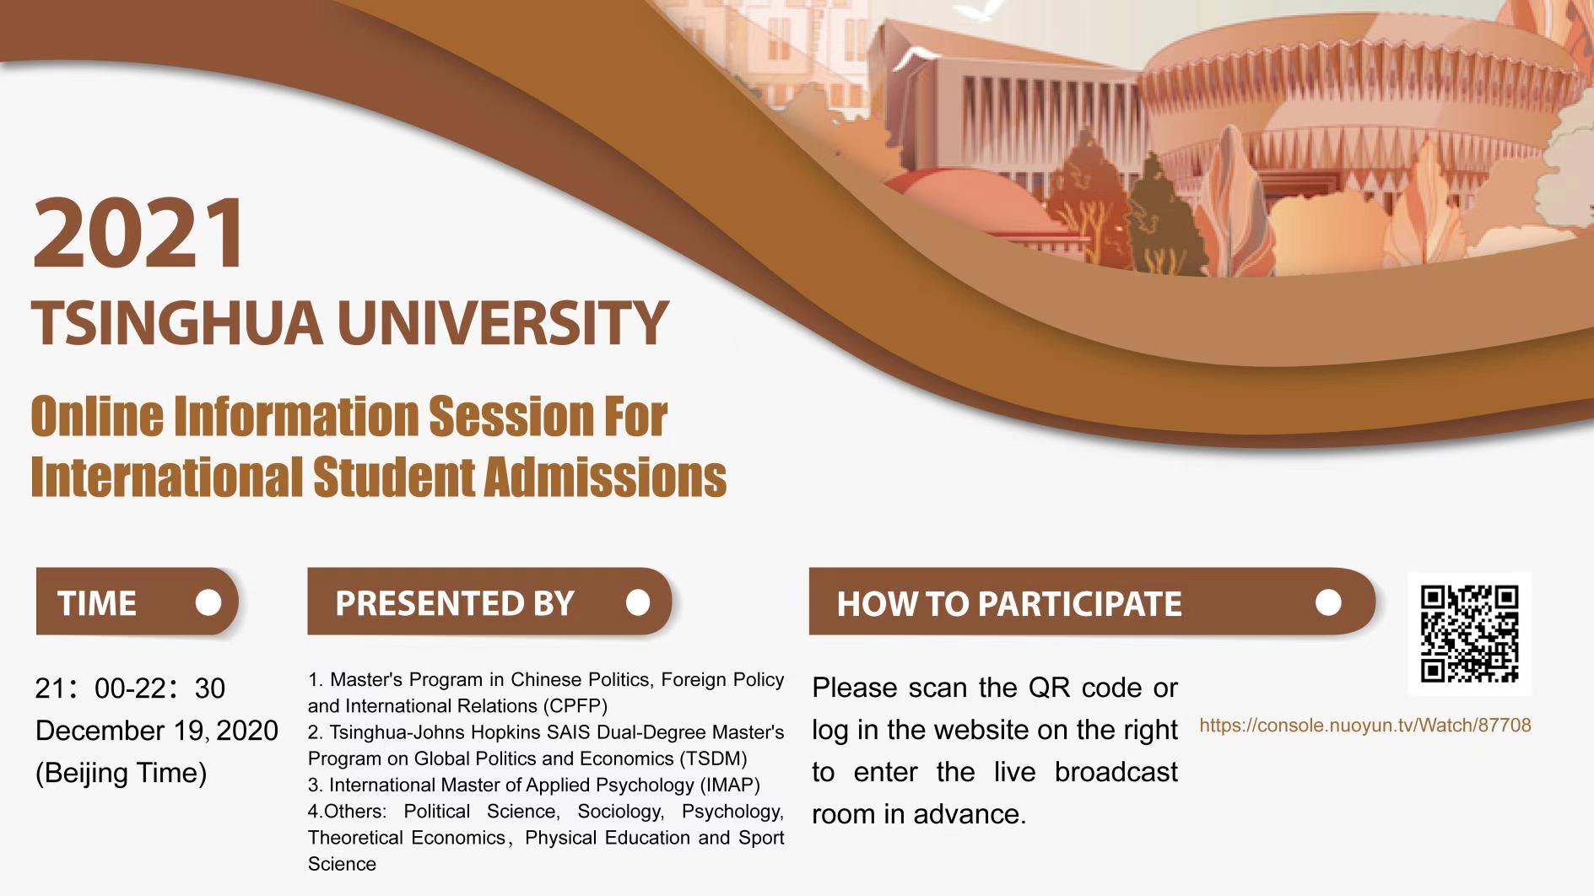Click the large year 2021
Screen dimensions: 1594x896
(x=140, y=232)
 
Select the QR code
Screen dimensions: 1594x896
(x=1469, y=634)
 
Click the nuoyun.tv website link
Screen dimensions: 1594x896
(x=1364, y=726)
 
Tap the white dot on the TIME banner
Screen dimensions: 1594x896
(x=208, y=602)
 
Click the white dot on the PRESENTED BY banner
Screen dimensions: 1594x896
(x=638, y=602)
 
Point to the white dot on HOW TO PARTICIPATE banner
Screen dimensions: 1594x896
(x=1328, y=602)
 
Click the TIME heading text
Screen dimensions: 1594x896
(x=97, y=603)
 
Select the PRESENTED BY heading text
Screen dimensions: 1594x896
(x=455, y=603)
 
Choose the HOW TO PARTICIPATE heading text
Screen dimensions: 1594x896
(x=1009, y=603)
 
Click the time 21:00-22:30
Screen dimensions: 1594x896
(x=130, y=688)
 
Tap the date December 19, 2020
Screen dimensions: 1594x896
(x=157, y=731)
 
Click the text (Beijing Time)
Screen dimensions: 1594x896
(x=121, y=773)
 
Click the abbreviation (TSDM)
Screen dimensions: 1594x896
(x=714, y=758)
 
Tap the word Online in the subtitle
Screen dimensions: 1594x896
(x=97, y=417)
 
